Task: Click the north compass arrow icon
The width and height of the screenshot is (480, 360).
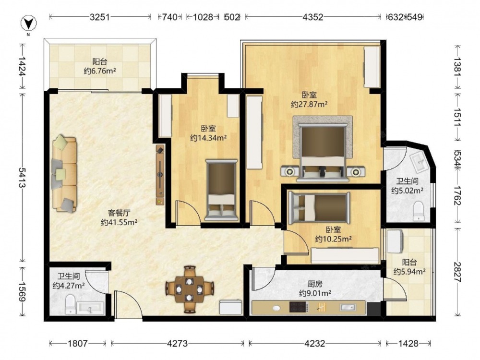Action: click(28, 23)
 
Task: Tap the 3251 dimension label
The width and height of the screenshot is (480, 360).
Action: click(100, 17)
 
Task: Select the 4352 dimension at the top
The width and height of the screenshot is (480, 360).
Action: click(313, 17)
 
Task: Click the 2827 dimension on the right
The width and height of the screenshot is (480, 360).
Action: click(457, 272)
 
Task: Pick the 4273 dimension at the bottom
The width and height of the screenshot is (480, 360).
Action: click(177, 343)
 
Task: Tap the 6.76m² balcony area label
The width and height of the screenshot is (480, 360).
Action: click(100, 71)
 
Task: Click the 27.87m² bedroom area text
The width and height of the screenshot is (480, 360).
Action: click(309, 104)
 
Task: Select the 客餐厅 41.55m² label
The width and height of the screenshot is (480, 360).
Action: click(119, 217)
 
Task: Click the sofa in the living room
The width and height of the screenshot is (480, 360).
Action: click(65, 174)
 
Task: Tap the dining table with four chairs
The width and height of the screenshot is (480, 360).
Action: click(190, 289)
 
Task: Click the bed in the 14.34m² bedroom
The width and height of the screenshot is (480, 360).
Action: click(221, 190)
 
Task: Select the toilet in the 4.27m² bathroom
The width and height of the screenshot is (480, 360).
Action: click(71, 304)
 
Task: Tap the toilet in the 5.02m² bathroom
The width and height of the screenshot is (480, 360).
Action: click(418, 211)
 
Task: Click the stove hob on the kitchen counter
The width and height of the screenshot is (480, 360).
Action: click(298, 307)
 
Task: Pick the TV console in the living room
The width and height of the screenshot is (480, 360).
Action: click(160, 175)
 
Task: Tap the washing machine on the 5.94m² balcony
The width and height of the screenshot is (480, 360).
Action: click(395, 241)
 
